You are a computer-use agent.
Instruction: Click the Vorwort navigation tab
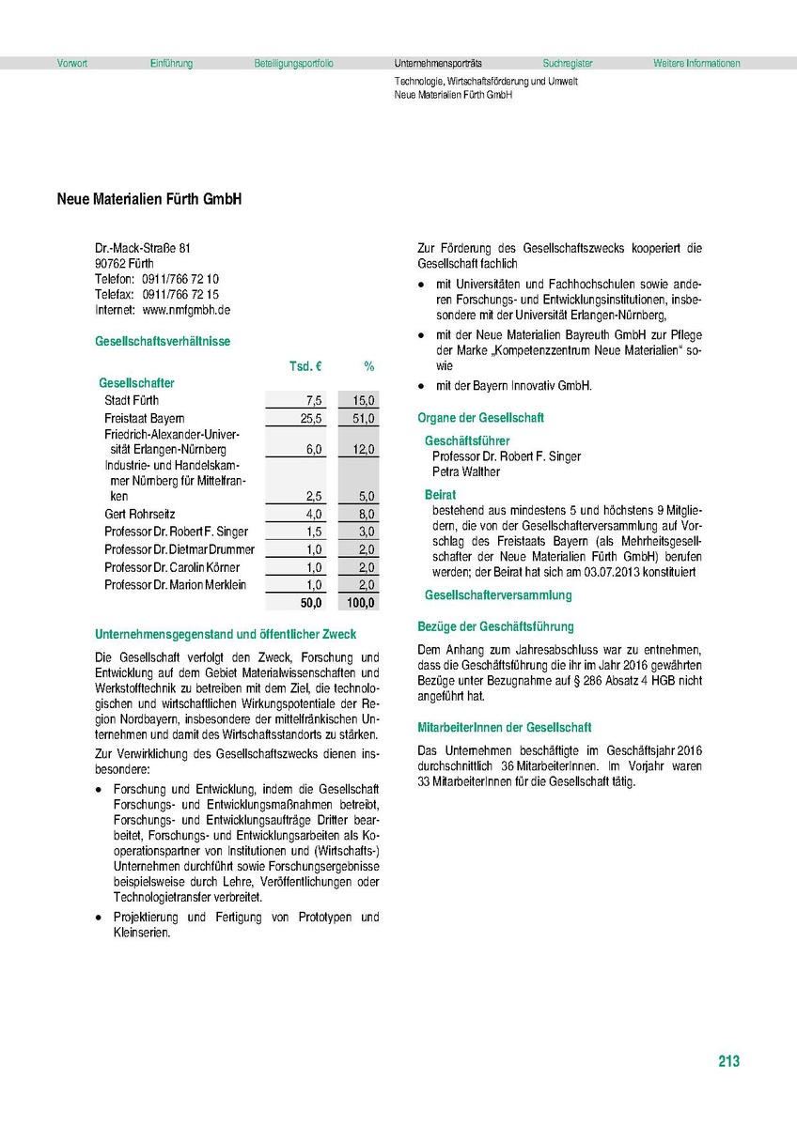click(x=72, y=64)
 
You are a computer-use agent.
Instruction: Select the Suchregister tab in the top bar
click(x=568, y=64)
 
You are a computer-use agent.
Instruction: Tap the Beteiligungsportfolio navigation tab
click(x=293, y=64)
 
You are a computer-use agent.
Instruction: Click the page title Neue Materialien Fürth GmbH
click(x=148, y=200)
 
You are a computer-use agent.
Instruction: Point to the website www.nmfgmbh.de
click(x=187, y=309)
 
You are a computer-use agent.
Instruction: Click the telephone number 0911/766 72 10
click(x=181, y=279)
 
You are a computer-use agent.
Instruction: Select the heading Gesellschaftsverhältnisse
click(x=163, y=342)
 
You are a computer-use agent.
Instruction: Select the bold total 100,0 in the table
click(x=360, y=603)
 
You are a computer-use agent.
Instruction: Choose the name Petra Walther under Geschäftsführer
click(x=466, y=471)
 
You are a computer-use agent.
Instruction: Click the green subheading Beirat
click(x=441, y=494)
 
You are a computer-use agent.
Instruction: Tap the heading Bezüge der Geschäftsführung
click(x=495, y=626)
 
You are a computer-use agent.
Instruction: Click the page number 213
click(x=728, y=1062)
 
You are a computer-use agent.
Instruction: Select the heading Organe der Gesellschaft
click(x=480, y=418)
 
